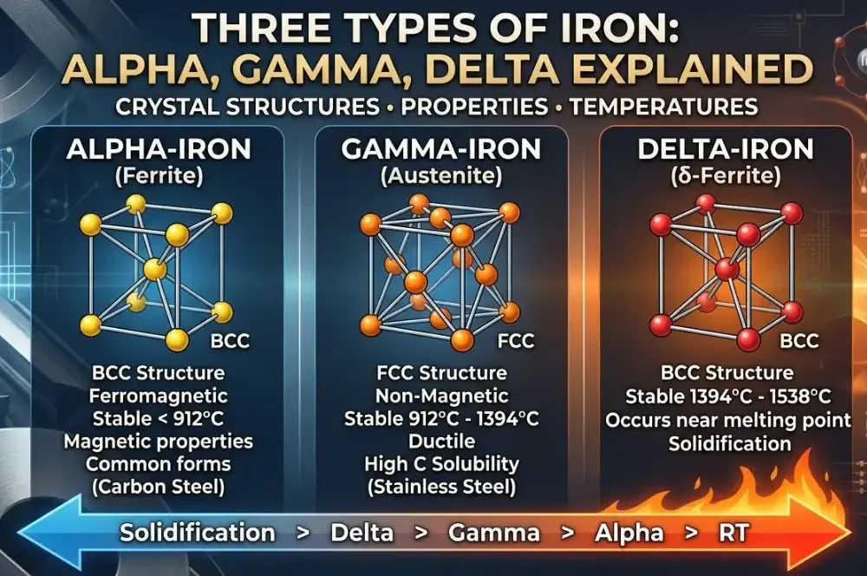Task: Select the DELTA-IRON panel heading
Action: [x=725, y=148]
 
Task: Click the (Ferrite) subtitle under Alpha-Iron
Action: [x=159, y=178]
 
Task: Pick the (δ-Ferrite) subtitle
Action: [x=725, y=179]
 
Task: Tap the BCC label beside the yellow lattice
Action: [x=230, y=341]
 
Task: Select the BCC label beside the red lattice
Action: [x=799, y=340]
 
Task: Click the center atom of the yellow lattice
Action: [x=154, y=269]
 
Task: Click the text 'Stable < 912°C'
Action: [x=159, y=419]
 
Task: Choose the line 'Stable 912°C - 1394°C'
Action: [x=441, y=419]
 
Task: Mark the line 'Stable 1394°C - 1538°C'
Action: [x=727, y=397]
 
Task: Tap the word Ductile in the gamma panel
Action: [x=441, y=442]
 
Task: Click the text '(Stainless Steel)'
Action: [x=441, y=487]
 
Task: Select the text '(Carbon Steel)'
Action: [x=159, y=487]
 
